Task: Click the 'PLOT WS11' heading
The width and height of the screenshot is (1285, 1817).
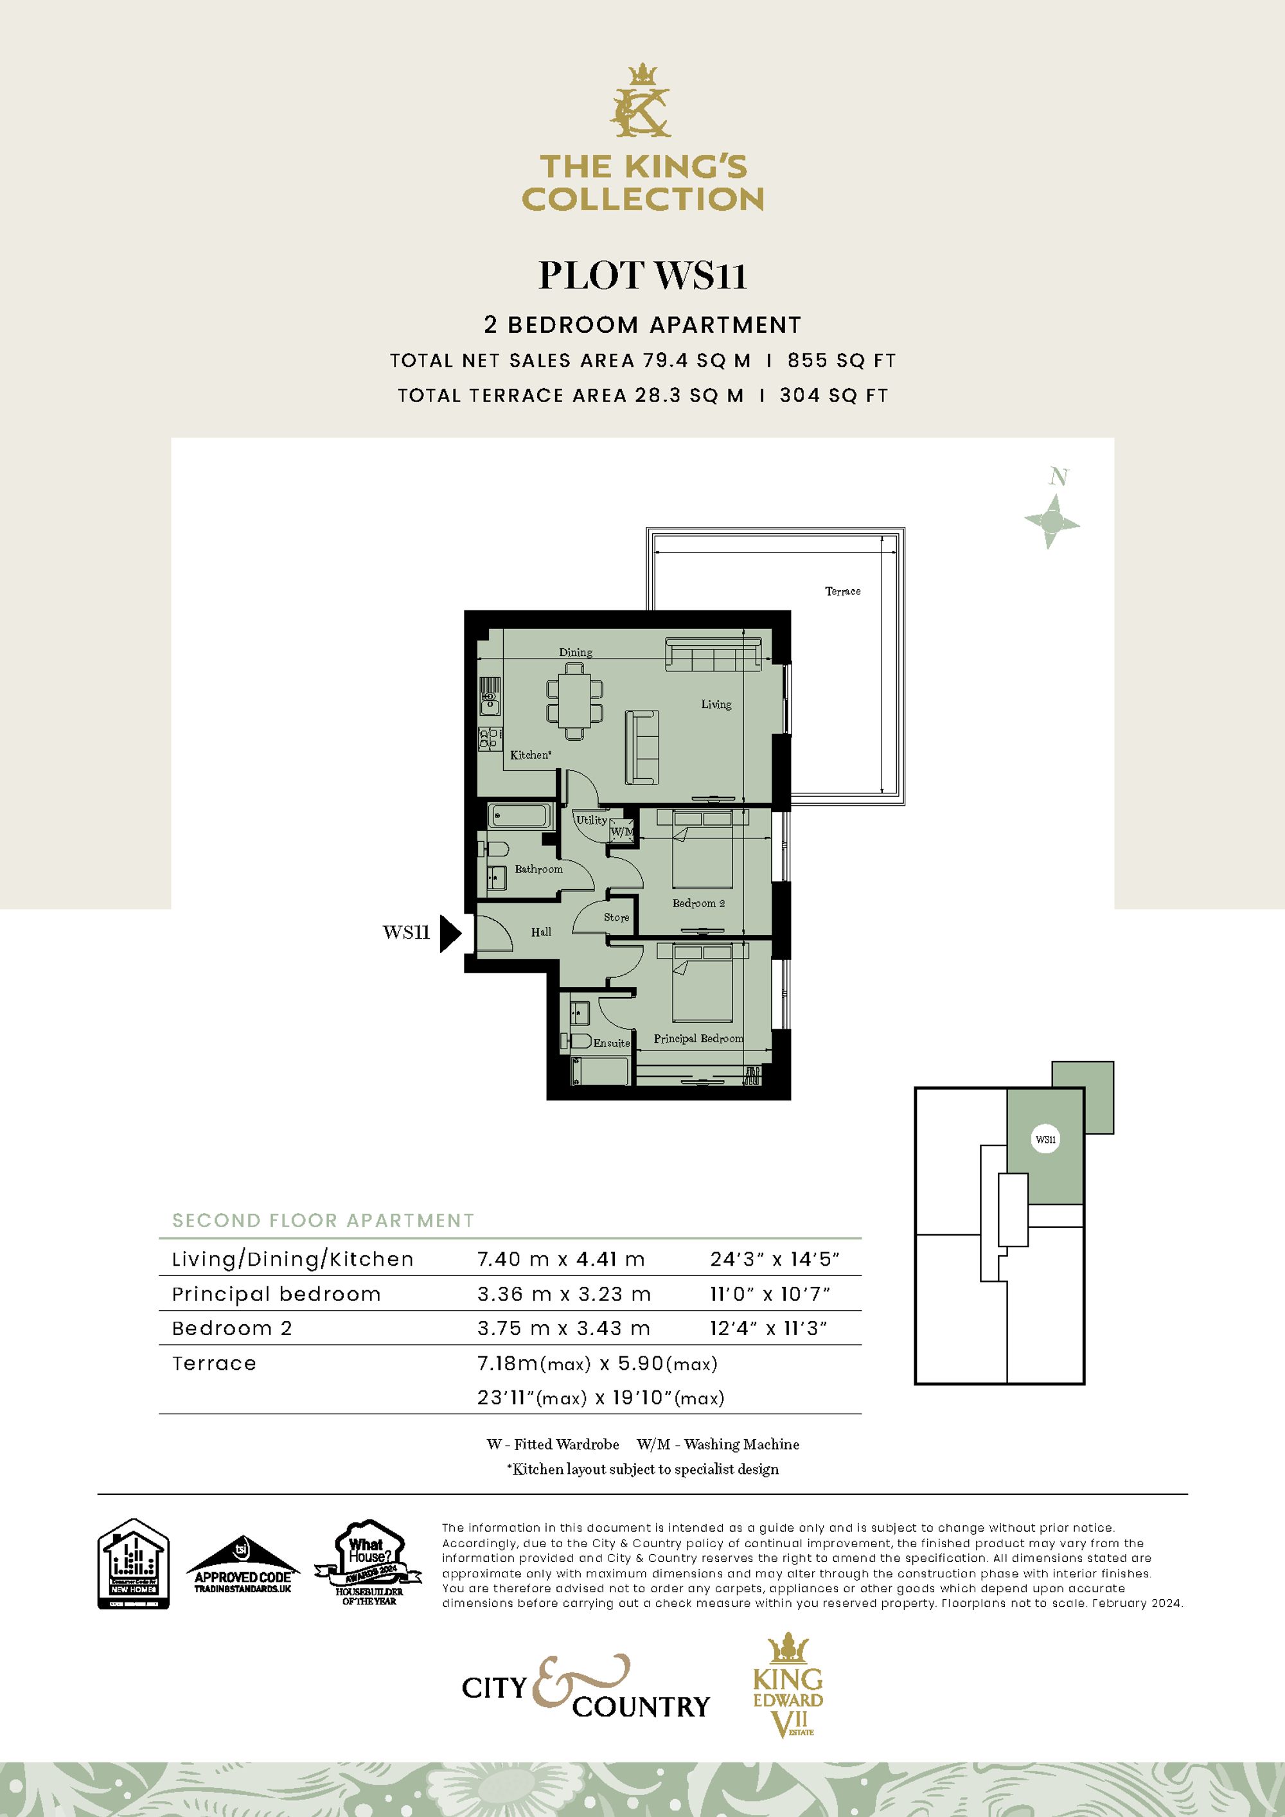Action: (642, 276)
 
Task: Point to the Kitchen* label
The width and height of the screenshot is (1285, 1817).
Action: (530, 755)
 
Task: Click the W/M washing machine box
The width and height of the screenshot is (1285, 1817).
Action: (622, 832)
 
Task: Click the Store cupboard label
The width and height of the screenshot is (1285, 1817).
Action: (616, 917)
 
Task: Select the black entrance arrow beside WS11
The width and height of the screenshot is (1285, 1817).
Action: (450, 932)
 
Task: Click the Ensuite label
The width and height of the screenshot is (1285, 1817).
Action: (612, 1043)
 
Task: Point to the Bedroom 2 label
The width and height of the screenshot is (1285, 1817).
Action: (698, 903)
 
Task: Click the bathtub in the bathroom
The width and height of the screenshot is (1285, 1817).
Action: (520, 815)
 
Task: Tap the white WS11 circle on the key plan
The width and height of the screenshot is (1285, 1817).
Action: (1045, 1140)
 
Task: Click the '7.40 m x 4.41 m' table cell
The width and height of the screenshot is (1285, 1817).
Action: (560, 1259)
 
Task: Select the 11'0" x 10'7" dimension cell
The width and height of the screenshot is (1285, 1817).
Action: (769, 1294)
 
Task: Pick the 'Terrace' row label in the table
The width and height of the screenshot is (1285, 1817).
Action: (215, 1363)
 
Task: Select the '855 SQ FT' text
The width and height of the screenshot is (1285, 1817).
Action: (841, 361)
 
